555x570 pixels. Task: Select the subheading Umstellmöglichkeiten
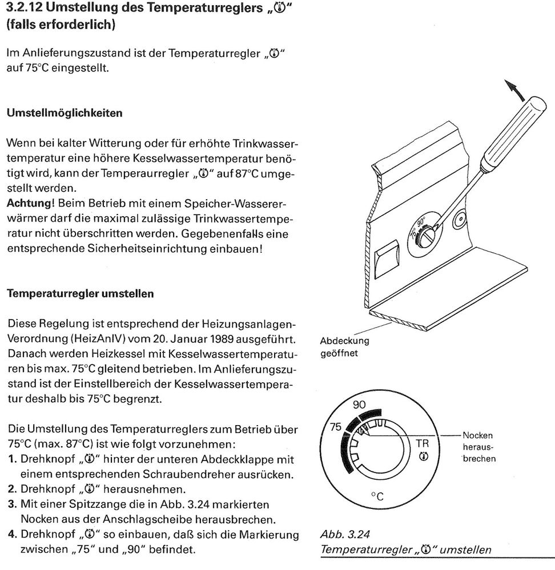[x=64, y=113]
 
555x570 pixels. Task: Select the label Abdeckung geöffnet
[x=344, y=347]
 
